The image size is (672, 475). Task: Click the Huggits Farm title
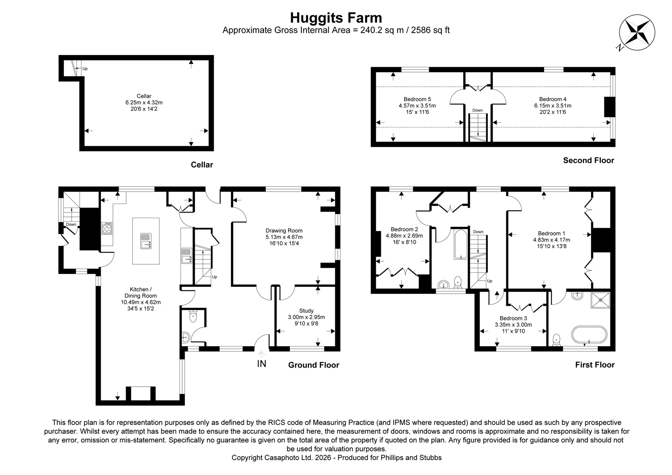click(336, 18)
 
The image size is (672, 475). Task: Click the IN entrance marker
click(262, 364)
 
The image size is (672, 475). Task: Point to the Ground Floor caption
click(314, 365)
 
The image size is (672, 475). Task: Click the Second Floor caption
click(588, 161)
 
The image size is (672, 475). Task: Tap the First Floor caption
click(595, 365)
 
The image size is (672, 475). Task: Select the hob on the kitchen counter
click(107, 228)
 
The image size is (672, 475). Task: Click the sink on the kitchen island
click(146, 241)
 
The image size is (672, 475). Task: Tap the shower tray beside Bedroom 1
click(601, 300)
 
